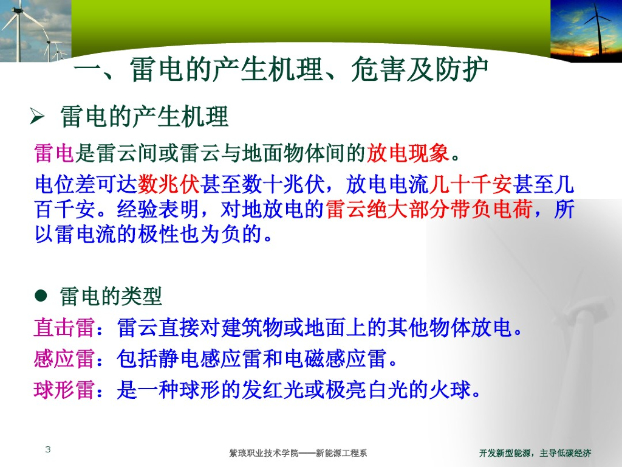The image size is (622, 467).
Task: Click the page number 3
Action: pyautogui.click(x=48, y=449)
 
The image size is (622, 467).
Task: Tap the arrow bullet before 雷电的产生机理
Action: pyautogui.click(x=37, y=116)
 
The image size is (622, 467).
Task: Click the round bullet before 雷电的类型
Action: pyautogui.click(x=41, y=296)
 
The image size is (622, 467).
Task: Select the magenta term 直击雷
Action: pyautogui.click(x=64, y=328)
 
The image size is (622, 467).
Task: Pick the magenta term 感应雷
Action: pyautogui.click(x=64, y=359)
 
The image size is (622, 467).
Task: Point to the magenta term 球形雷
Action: pyautogui.click(x=64, y=390)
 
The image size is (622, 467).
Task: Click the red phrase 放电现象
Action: pyautogui.click(x=408, y=153)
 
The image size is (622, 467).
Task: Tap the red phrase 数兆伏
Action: pyautogui.click(x=169, y=184)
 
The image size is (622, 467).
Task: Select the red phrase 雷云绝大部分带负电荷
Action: pyautogui.click(x=429, y=209)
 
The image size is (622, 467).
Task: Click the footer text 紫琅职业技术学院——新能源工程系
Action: pyautogui.click(x=298, y=453)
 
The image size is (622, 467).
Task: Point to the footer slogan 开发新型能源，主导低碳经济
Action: pyautogui.click(x=535, y=453)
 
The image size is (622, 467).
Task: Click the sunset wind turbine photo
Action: pyautogui.click(x=586, y=31)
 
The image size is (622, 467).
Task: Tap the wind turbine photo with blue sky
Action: pyautogui.click(x=36, y=31)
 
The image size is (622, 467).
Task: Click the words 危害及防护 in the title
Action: pyautogui.click(x=420, y=69)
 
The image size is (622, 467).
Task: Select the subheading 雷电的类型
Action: pyautogui.click(x=111, y=296)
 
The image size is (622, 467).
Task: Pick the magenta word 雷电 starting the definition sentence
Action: pyautogui.click(x=54, y=153)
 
